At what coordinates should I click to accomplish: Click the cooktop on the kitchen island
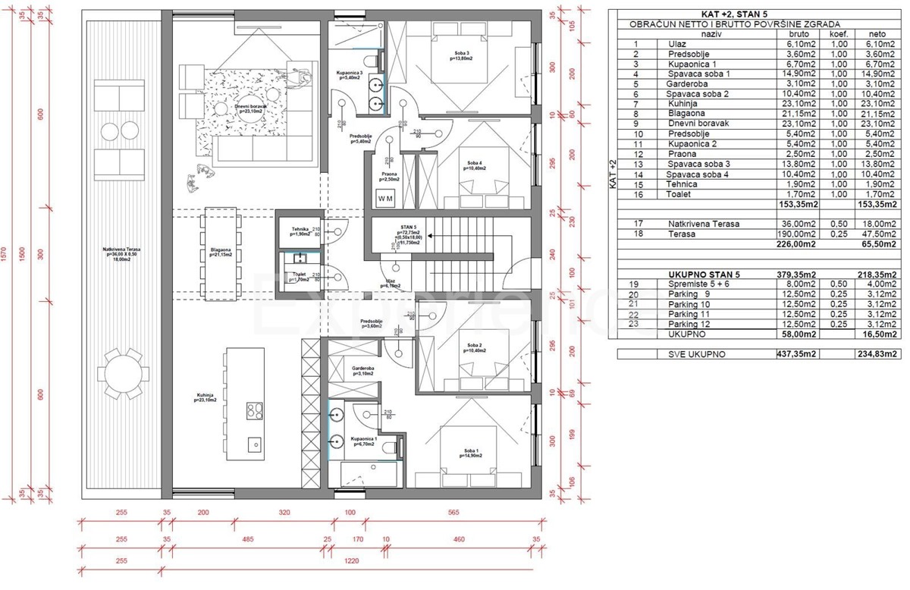[253, 411]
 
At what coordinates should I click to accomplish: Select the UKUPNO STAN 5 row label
[698, 275]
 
